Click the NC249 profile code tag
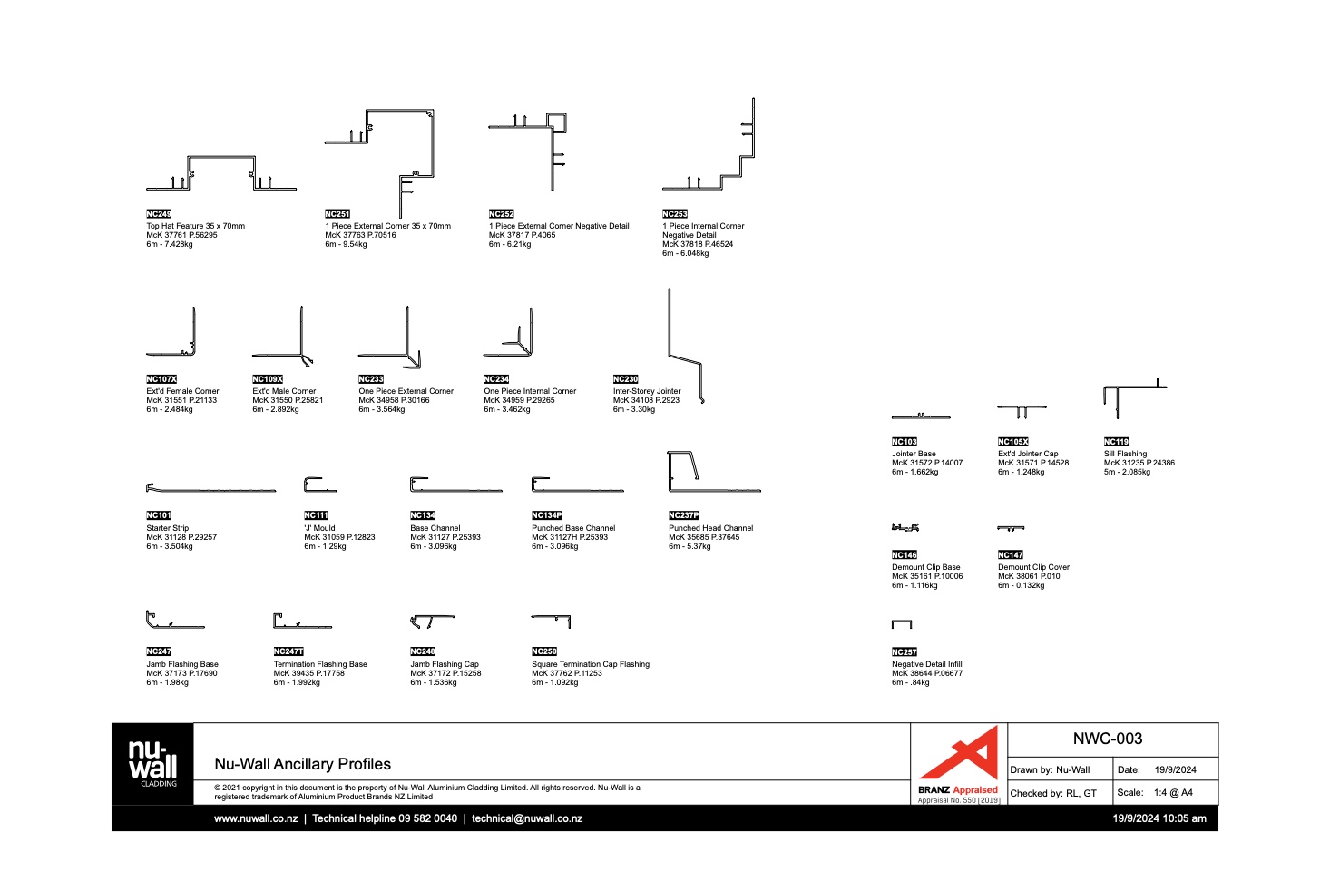tap(159, 214)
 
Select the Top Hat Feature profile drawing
tap(220, 174)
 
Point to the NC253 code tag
tap(675, 214)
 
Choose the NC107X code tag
tap(161, 379)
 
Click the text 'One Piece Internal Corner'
tap(530, 391)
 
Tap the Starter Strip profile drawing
tap(210, 488)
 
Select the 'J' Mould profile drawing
tap(319, 485)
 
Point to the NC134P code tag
tap(547, 515)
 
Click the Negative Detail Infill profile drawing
tap(901, 624)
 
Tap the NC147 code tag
tap(1011, 554)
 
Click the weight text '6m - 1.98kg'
tap(168, 682)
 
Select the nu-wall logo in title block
tap(152, 762)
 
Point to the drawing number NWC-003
tap(1108, 739)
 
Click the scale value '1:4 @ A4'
tap(1173, 792)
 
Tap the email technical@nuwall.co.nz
tap(527, 818)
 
